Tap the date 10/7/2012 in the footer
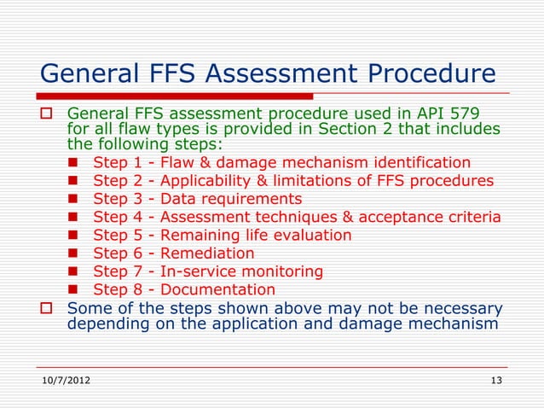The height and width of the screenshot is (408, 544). coord(67,379)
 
